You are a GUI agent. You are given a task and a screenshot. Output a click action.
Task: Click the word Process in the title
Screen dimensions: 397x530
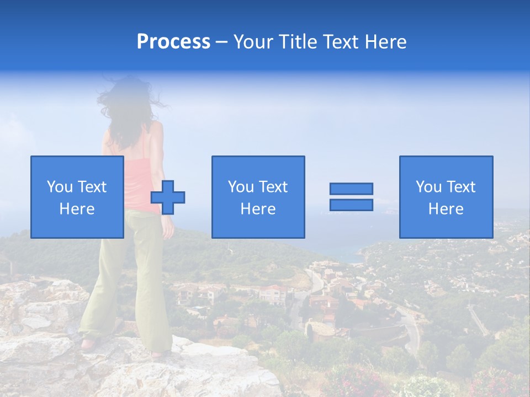pos(173,42)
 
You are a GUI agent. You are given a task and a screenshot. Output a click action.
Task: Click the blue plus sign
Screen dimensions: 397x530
pos(168,197)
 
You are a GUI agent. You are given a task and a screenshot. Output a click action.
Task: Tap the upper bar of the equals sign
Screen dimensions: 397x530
pos(351,189)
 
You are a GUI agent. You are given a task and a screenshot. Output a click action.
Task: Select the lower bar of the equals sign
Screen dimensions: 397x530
pos(351,205)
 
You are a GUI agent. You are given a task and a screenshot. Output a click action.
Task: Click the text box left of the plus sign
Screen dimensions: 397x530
pos(77,197)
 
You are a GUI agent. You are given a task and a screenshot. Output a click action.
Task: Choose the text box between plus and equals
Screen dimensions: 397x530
pos(258,197)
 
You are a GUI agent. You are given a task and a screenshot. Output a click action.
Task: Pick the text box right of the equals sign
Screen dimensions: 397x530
pos(446,197)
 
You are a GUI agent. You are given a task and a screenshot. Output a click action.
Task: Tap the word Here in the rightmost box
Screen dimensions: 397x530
pos(446,209)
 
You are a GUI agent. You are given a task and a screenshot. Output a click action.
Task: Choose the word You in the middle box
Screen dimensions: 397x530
pos(240,187)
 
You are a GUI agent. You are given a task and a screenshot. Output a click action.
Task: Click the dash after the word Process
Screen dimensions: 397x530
pos(221,42)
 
